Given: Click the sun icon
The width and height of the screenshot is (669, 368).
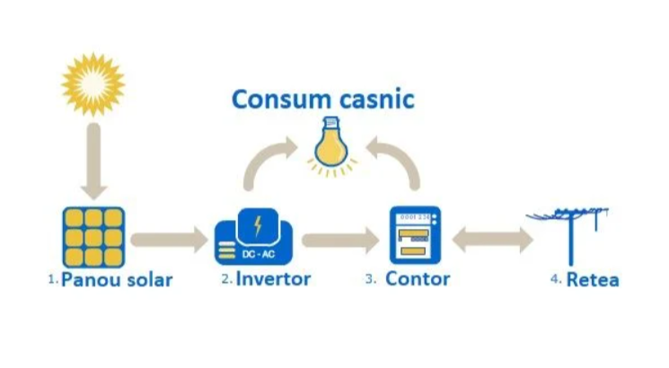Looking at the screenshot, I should click(92, 83).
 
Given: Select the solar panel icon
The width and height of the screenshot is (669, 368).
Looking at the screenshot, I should click(93, 236).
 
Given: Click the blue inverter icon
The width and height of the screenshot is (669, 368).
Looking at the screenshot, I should click(256, 236).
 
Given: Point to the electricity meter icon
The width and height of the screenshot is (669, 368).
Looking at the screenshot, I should click(415, 236).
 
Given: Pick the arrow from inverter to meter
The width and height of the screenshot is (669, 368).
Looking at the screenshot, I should click(339, 240).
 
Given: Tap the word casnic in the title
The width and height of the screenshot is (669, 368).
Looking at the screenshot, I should click(374, 98).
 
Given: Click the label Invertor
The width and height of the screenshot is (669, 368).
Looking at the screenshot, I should click(273, 279).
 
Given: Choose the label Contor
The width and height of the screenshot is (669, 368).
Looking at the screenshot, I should click(418, 279).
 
